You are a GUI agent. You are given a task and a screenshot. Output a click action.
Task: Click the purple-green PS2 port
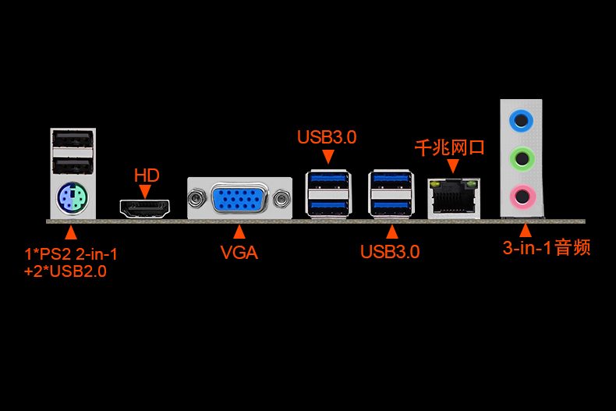73,198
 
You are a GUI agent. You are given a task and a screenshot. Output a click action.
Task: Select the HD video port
145,209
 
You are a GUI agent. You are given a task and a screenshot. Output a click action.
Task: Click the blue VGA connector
239,198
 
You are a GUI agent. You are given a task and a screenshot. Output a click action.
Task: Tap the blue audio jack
521,120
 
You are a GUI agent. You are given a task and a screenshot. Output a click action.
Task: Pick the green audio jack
522,159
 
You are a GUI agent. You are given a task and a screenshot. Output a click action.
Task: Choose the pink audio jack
522,197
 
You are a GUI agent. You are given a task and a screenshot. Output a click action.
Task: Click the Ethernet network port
454,198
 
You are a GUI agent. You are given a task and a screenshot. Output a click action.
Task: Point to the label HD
147,175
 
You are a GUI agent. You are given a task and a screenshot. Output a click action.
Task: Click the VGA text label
239,252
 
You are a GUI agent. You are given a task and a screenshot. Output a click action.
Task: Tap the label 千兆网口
449,147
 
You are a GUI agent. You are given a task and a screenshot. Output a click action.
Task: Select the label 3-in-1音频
547,248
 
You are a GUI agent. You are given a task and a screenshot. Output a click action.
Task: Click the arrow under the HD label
145,192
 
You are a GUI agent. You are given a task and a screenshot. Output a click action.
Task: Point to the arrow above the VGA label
239,232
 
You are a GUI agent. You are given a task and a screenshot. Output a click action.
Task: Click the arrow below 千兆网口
453,166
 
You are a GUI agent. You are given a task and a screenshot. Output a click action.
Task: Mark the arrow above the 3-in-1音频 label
526,231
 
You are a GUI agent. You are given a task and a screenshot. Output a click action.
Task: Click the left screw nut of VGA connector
196,198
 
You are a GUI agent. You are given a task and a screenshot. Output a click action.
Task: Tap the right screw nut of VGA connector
281,198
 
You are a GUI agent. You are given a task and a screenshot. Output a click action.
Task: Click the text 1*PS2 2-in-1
71,254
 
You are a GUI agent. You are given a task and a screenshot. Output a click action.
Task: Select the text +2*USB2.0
65,271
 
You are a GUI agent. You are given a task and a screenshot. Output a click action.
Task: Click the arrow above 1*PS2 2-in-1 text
71,232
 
